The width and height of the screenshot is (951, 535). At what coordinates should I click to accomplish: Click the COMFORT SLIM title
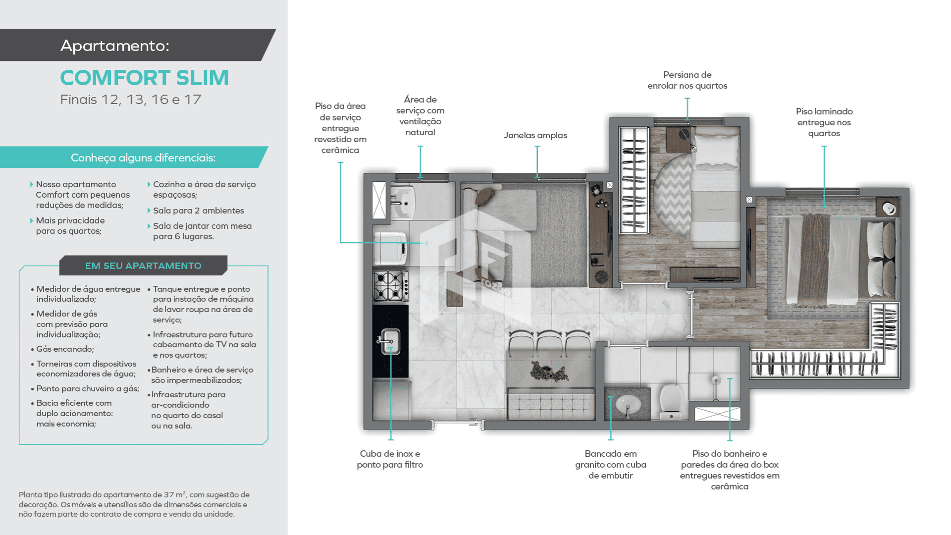tap(144, 78)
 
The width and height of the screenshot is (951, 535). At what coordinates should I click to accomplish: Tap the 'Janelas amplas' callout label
tap(535, 135)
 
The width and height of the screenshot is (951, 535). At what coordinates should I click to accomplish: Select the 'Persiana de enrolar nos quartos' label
tap(687, 80)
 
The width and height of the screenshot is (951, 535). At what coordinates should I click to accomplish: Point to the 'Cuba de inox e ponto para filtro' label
tap(390, 459)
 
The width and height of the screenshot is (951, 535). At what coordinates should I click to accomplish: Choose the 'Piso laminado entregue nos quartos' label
tap(824, 122)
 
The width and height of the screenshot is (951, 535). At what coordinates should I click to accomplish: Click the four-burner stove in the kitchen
tap(390, 286)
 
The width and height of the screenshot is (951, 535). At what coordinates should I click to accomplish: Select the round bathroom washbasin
tap(627, 406)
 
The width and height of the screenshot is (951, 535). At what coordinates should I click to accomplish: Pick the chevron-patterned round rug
tap(672, 195)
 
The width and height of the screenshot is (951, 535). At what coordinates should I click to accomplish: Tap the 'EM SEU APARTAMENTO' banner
tap(143, 266)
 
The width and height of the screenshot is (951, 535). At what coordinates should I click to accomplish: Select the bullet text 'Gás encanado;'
tap(65, 349)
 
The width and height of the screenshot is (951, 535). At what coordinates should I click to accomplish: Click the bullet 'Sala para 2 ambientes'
tap(198, 211)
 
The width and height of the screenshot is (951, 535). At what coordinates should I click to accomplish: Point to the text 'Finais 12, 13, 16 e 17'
tap(131, 100)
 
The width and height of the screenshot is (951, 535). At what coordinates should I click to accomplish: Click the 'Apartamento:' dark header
tap(138, 45)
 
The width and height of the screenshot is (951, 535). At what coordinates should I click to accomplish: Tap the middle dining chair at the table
tap(549, 343)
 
